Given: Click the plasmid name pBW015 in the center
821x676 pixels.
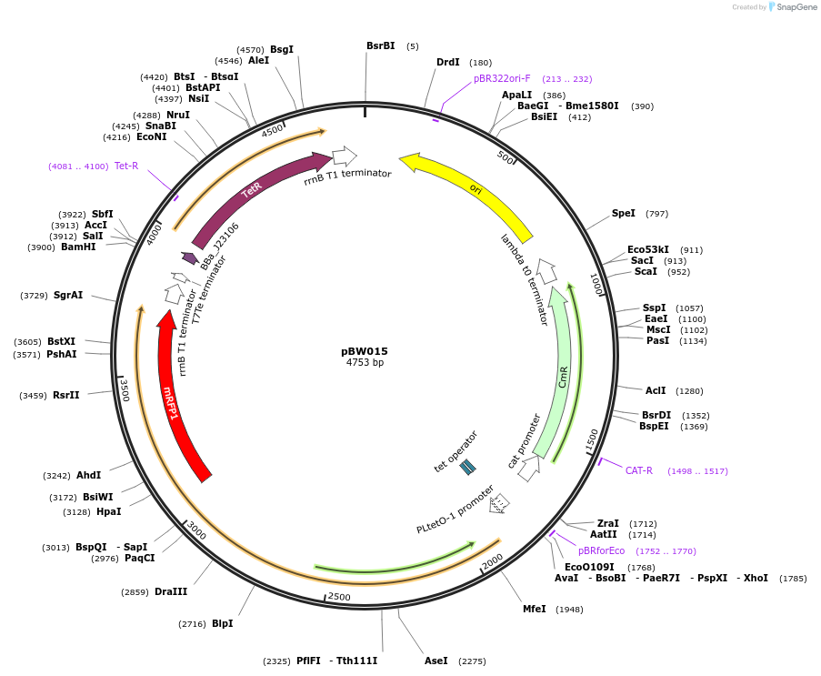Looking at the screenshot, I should point(365,350).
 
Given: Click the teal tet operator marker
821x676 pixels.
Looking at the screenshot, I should point(467,467).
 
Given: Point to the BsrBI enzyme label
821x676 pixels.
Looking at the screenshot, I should point(380,45).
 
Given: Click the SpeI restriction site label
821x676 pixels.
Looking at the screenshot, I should point(624,213).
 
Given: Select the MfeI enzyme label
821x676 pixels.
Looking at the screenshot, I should point(535,609).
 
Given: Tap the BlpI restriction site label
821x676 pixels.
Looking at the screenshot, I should point(222,623).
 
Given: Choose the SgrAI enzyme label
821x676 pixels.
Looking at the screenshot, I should point(68,295).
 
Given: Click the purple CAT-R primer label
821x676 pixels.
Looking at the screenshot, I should point(639,470).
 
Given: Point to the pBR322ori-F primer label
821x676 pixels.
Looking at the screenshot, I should point(502,79).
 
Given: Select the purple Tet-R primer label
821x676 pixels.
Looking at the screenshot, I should point(126,166).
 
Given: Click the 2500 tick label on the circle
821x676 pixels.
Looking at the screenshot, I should point(338,596).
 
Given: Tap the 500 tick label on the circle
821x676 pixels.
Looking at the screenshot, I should point(506,156).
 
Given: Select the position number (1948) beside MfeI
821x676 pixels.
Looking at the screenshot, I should point(569,610).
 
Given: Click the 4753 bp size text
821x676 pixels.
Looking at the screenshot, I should point(365,362).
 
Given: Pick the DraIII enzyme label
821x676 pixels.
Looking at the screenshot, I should point(171,591).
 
